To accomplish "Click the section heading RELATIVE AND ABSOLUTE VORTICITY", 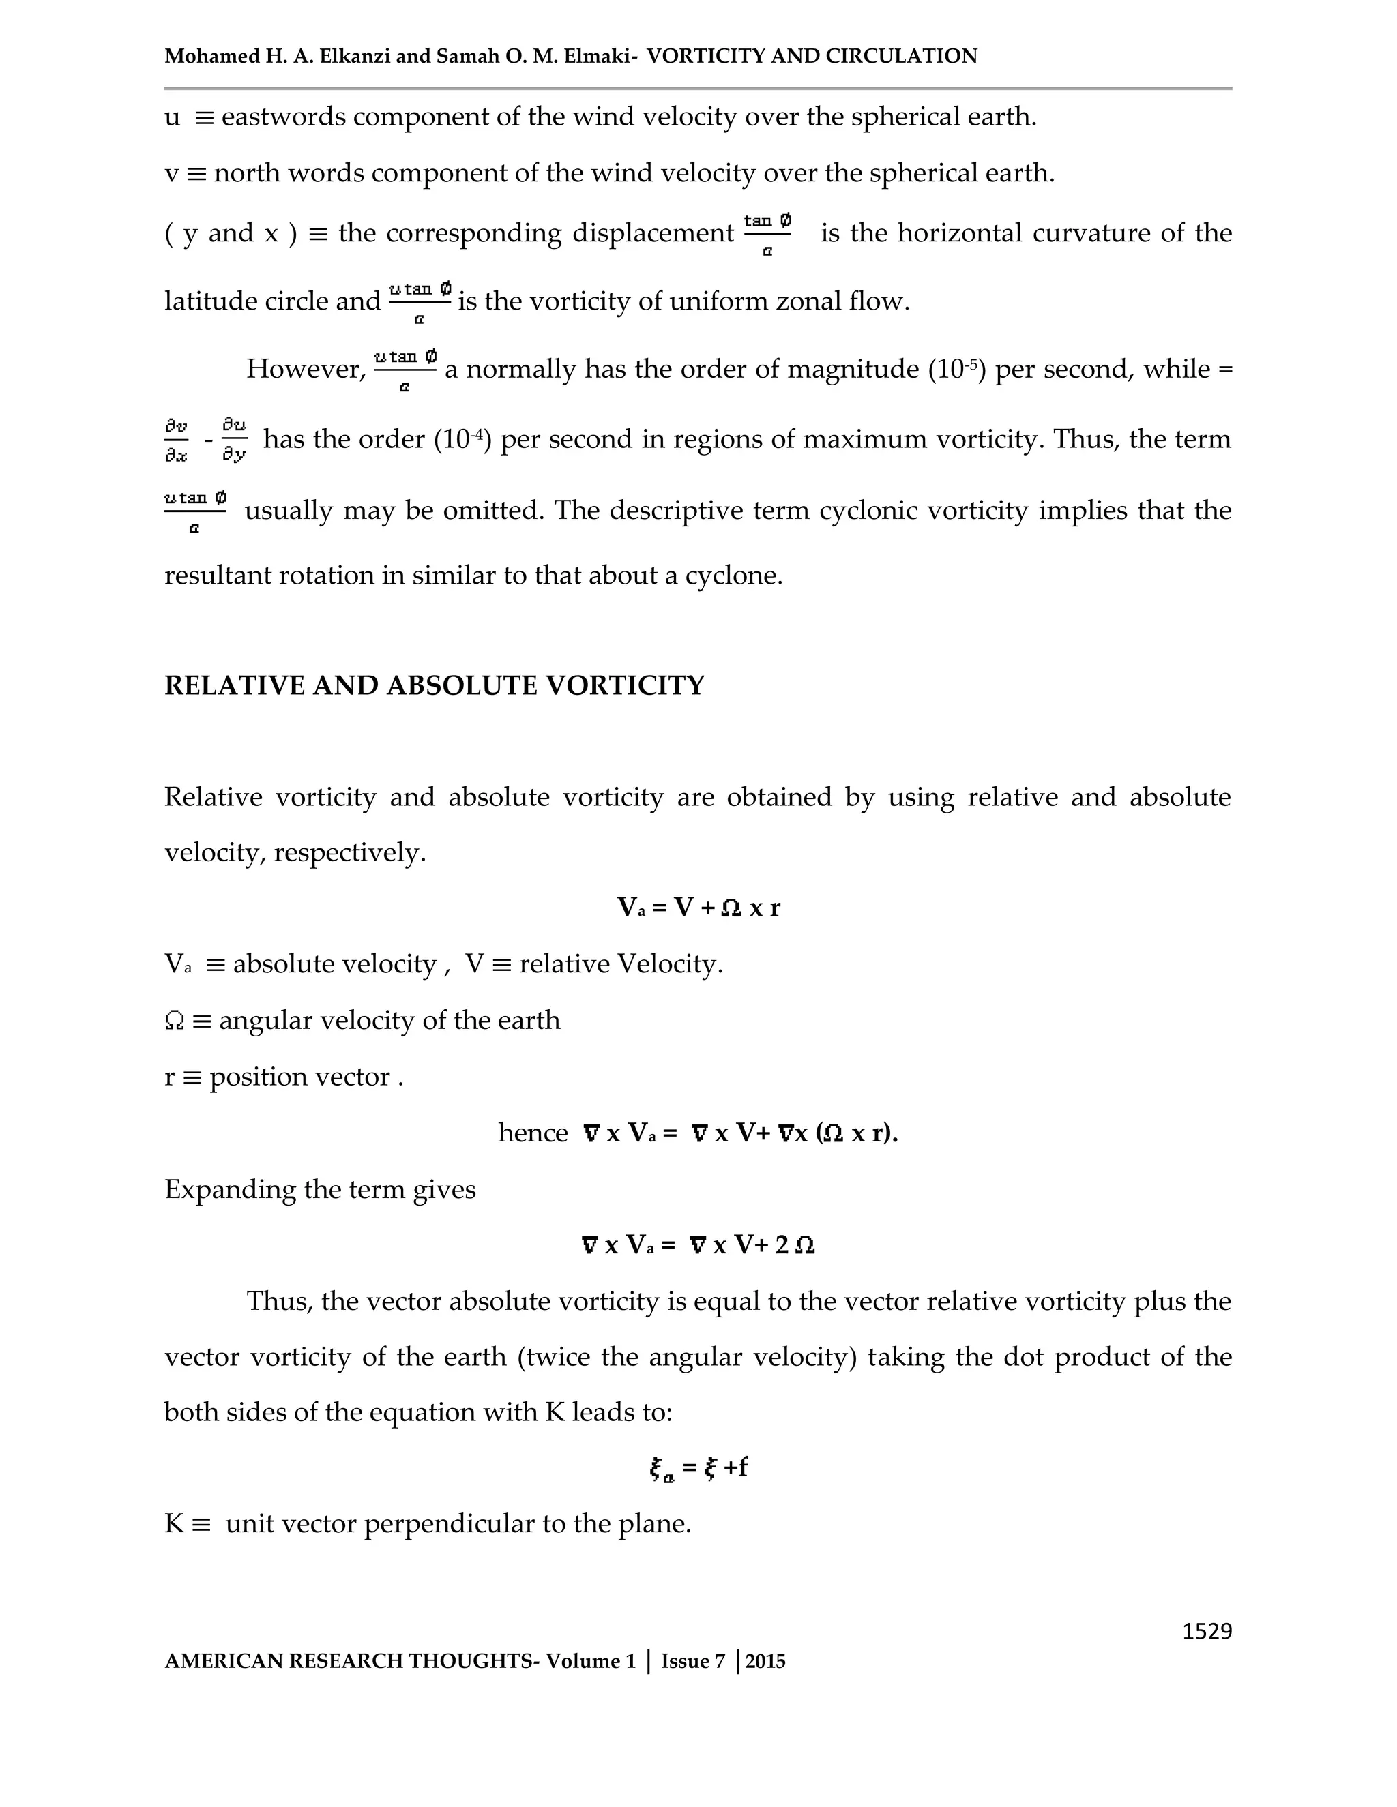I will pos(435,686).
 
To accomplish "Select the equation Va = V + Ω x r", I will pos(698,908).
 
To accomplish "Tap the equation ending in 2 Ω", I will pos(698,1245).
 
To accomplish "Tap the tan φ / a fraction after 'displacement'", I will pos(767,233).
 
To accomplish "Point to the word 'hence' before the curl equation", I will pos(532,1133).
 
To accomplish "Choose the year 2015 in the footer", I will pos(765,1661).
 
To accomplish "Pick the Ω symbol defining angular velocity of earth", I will pos(175,1021).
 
